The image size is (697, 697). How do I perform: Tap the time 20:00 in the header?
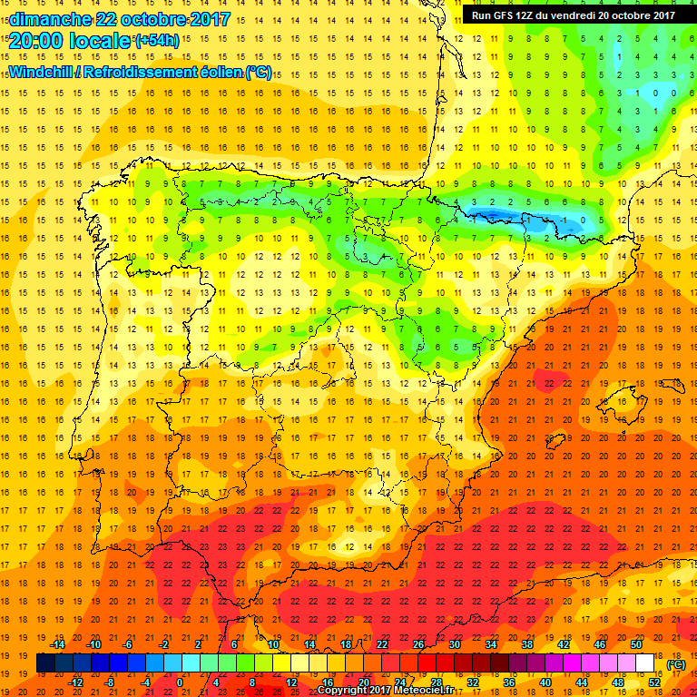click(x=37, y=41)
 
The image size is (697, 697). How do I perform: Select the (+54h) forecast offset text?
click(x=156, y=41)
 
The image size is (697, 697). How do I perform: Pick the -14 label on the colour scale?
click(x=57, y=643)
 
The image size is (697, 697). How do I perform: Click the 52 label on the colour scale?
click(x=653, y=682)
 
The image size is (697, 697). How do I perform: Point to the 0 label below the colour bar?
click(x=180, y=682)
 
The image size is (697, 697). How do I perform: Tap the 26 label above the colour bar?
click(x=418, y=643)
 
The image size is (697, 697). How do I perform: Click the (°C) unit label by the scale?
click(x=676, y=663)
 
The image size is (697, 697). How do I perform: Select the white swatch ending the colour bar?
click(x=645, y=663)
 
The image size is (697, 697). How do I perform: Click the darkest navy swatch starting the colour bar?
click(x=45, y=663)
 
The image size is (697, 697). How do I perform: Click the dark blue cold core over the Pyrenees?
click(x=490, y=214)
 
